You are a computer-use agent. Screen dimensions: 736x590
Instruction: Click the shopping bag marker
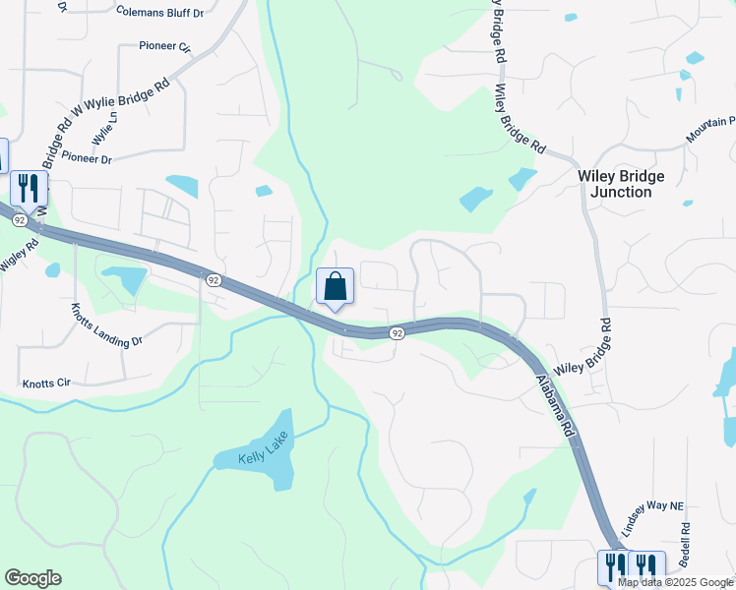click(335, 287)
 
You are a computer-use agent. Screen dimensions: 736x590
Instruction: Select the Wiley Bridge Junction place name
click(620, 184)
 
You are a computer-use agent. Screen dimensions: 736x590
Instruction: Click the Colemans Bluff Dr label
click(159, 13)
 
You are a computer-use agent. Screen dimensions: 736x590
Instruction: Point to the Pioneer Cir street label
click(164, 45)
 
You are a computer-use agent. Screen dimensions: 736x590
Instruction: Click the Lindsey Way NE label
click(657, 505)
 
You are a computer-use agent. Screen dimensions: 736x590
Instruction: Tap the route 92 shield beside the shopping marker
click(397, 334)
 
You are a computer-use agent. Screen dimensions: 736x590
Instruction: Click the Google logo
click(32, 578)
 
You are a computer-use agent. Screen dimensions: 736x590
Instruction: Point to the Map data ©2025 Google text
click(674, 582)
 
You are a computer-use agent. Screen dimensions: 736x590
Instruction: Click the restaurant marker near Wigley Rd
click(28, 187)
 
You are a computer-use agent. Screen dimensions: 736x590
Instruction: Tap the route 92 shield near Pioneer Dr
click(213, 280)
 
